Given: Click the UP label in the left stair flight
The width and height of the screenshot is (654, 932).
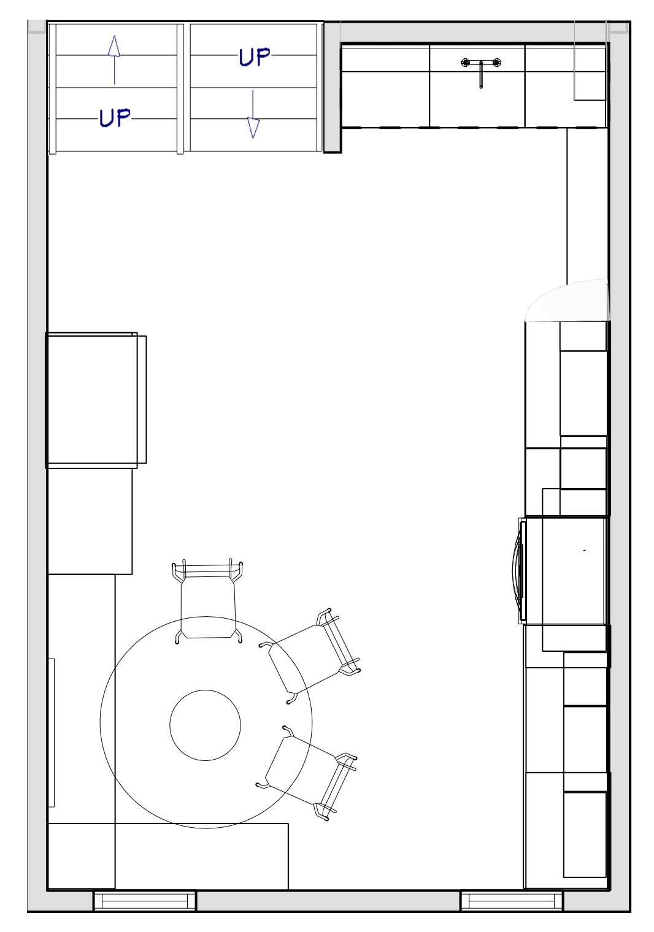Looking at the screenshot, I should tap(115, 117).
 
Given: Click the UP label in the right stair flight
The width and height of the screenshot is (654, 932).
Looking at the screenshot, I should tap(254, 57).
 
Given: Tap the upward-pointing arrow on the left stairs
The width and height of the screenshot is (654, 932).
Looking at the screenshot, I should tap(114, 59).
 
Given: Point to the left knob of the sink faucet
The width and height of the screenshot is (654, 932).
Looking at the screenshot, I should tap(465, 62).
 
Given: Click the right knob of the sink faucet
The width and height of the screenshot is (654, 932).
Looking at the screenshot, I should tap(497, 62).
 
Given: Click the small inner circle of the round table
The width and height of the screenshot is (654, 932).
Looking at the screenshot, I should tap(205, 725).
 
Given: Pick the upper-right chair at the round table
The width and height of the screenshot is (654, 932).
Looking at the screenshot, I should tap(312, 656).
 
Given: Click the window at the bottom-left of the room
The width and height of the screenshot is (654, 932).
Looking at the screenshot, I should tap(145, 901).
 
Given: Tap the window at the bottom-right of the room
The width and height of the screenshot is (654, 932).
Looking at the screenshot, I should tap(512, 901).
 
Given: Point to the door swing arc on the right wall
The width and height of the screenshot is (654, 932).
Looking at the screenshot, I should tap(564, 300).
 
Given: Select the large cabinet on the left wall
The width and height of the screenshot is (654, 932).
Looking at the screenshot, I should tap(92, 400).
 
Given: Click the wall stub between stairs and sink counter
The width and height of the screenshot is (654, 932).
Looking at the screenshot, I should tap(332, 87).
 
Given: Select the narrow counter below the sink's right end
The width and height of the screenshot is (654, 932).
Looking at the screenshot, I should tap(587, 205).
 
